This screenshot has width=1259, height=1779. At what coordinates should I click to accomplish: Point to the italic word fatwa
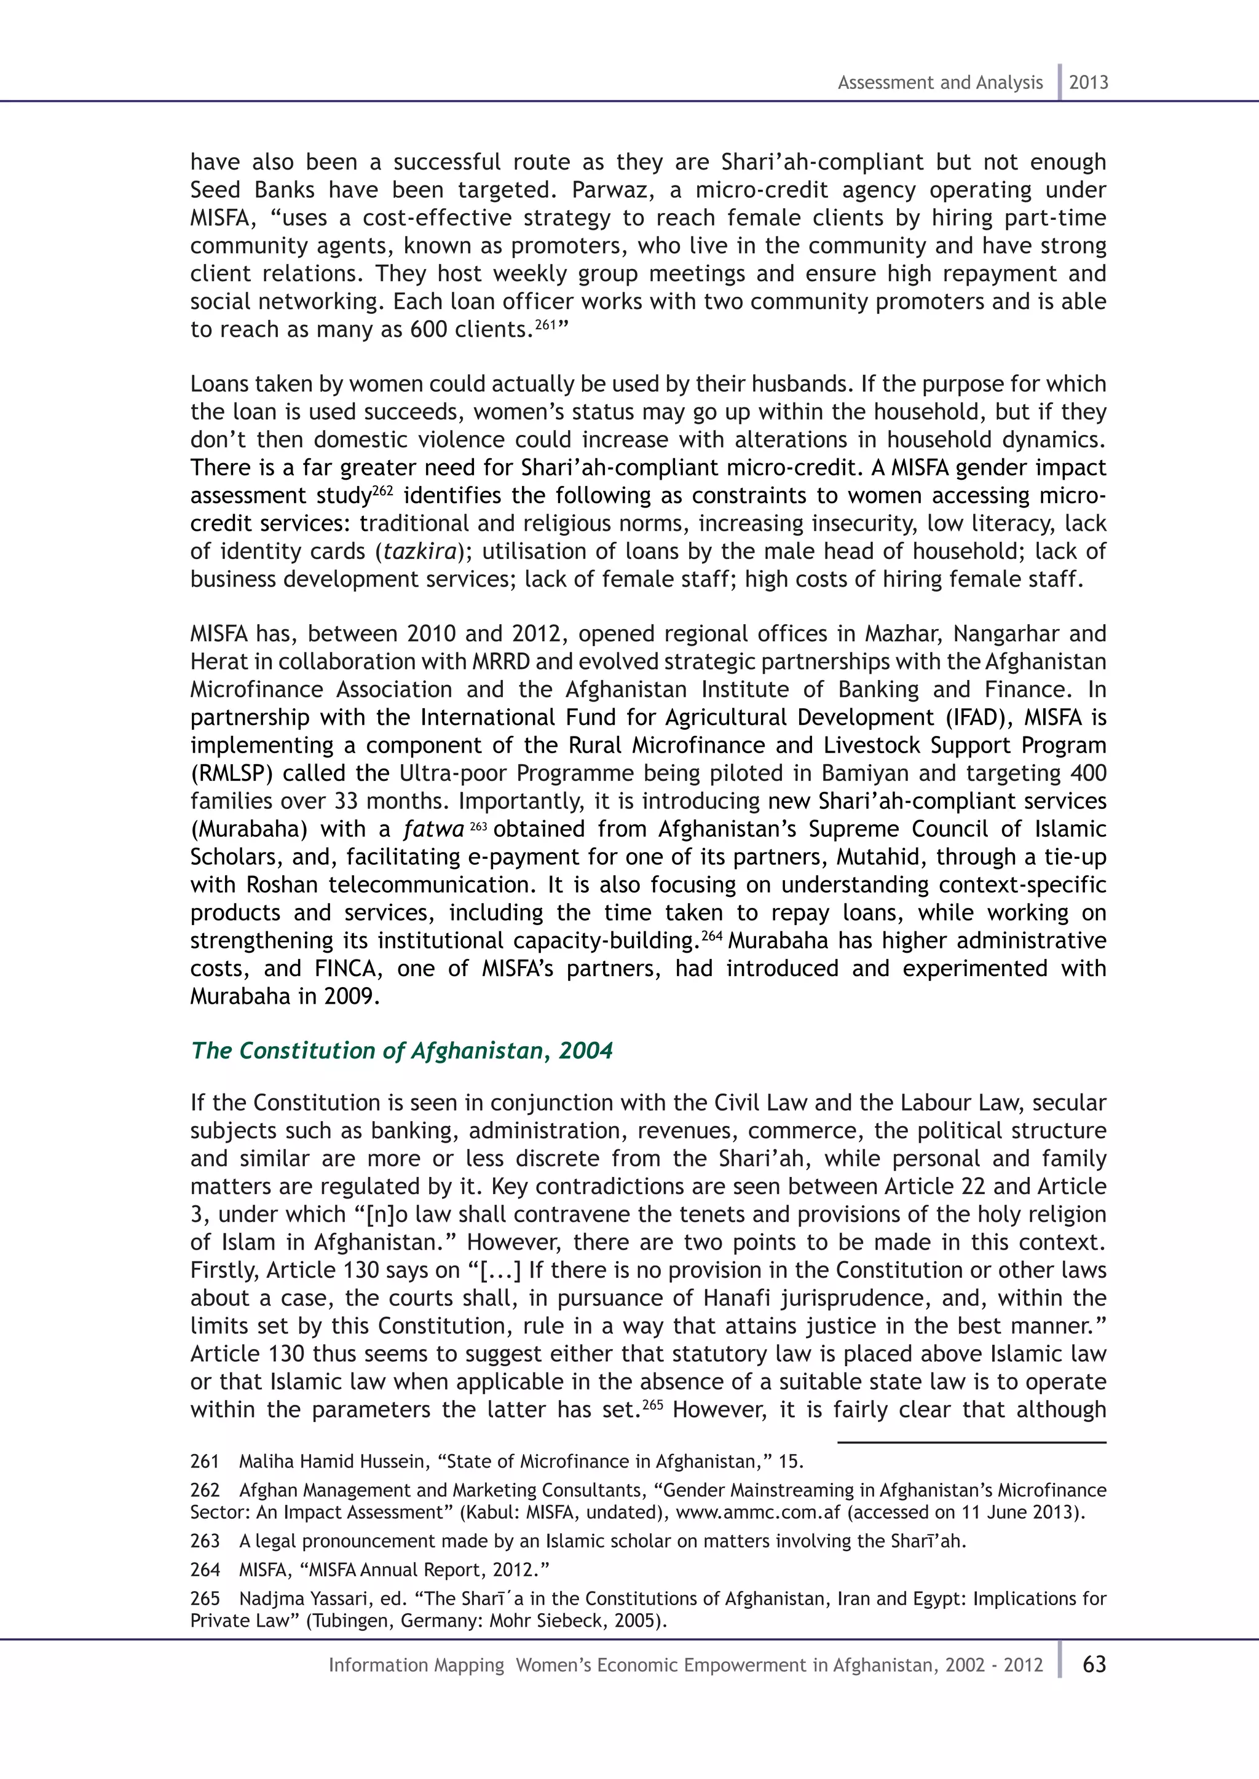433,829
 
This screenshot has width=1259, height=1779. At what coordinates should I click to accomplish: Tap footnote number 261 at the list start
205,1461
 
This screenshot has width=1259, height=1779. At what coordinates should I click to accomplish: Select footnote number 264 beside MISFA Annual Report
205,1570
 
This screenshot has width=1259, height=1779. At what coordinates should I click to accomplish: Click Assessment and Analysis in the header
939,82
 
